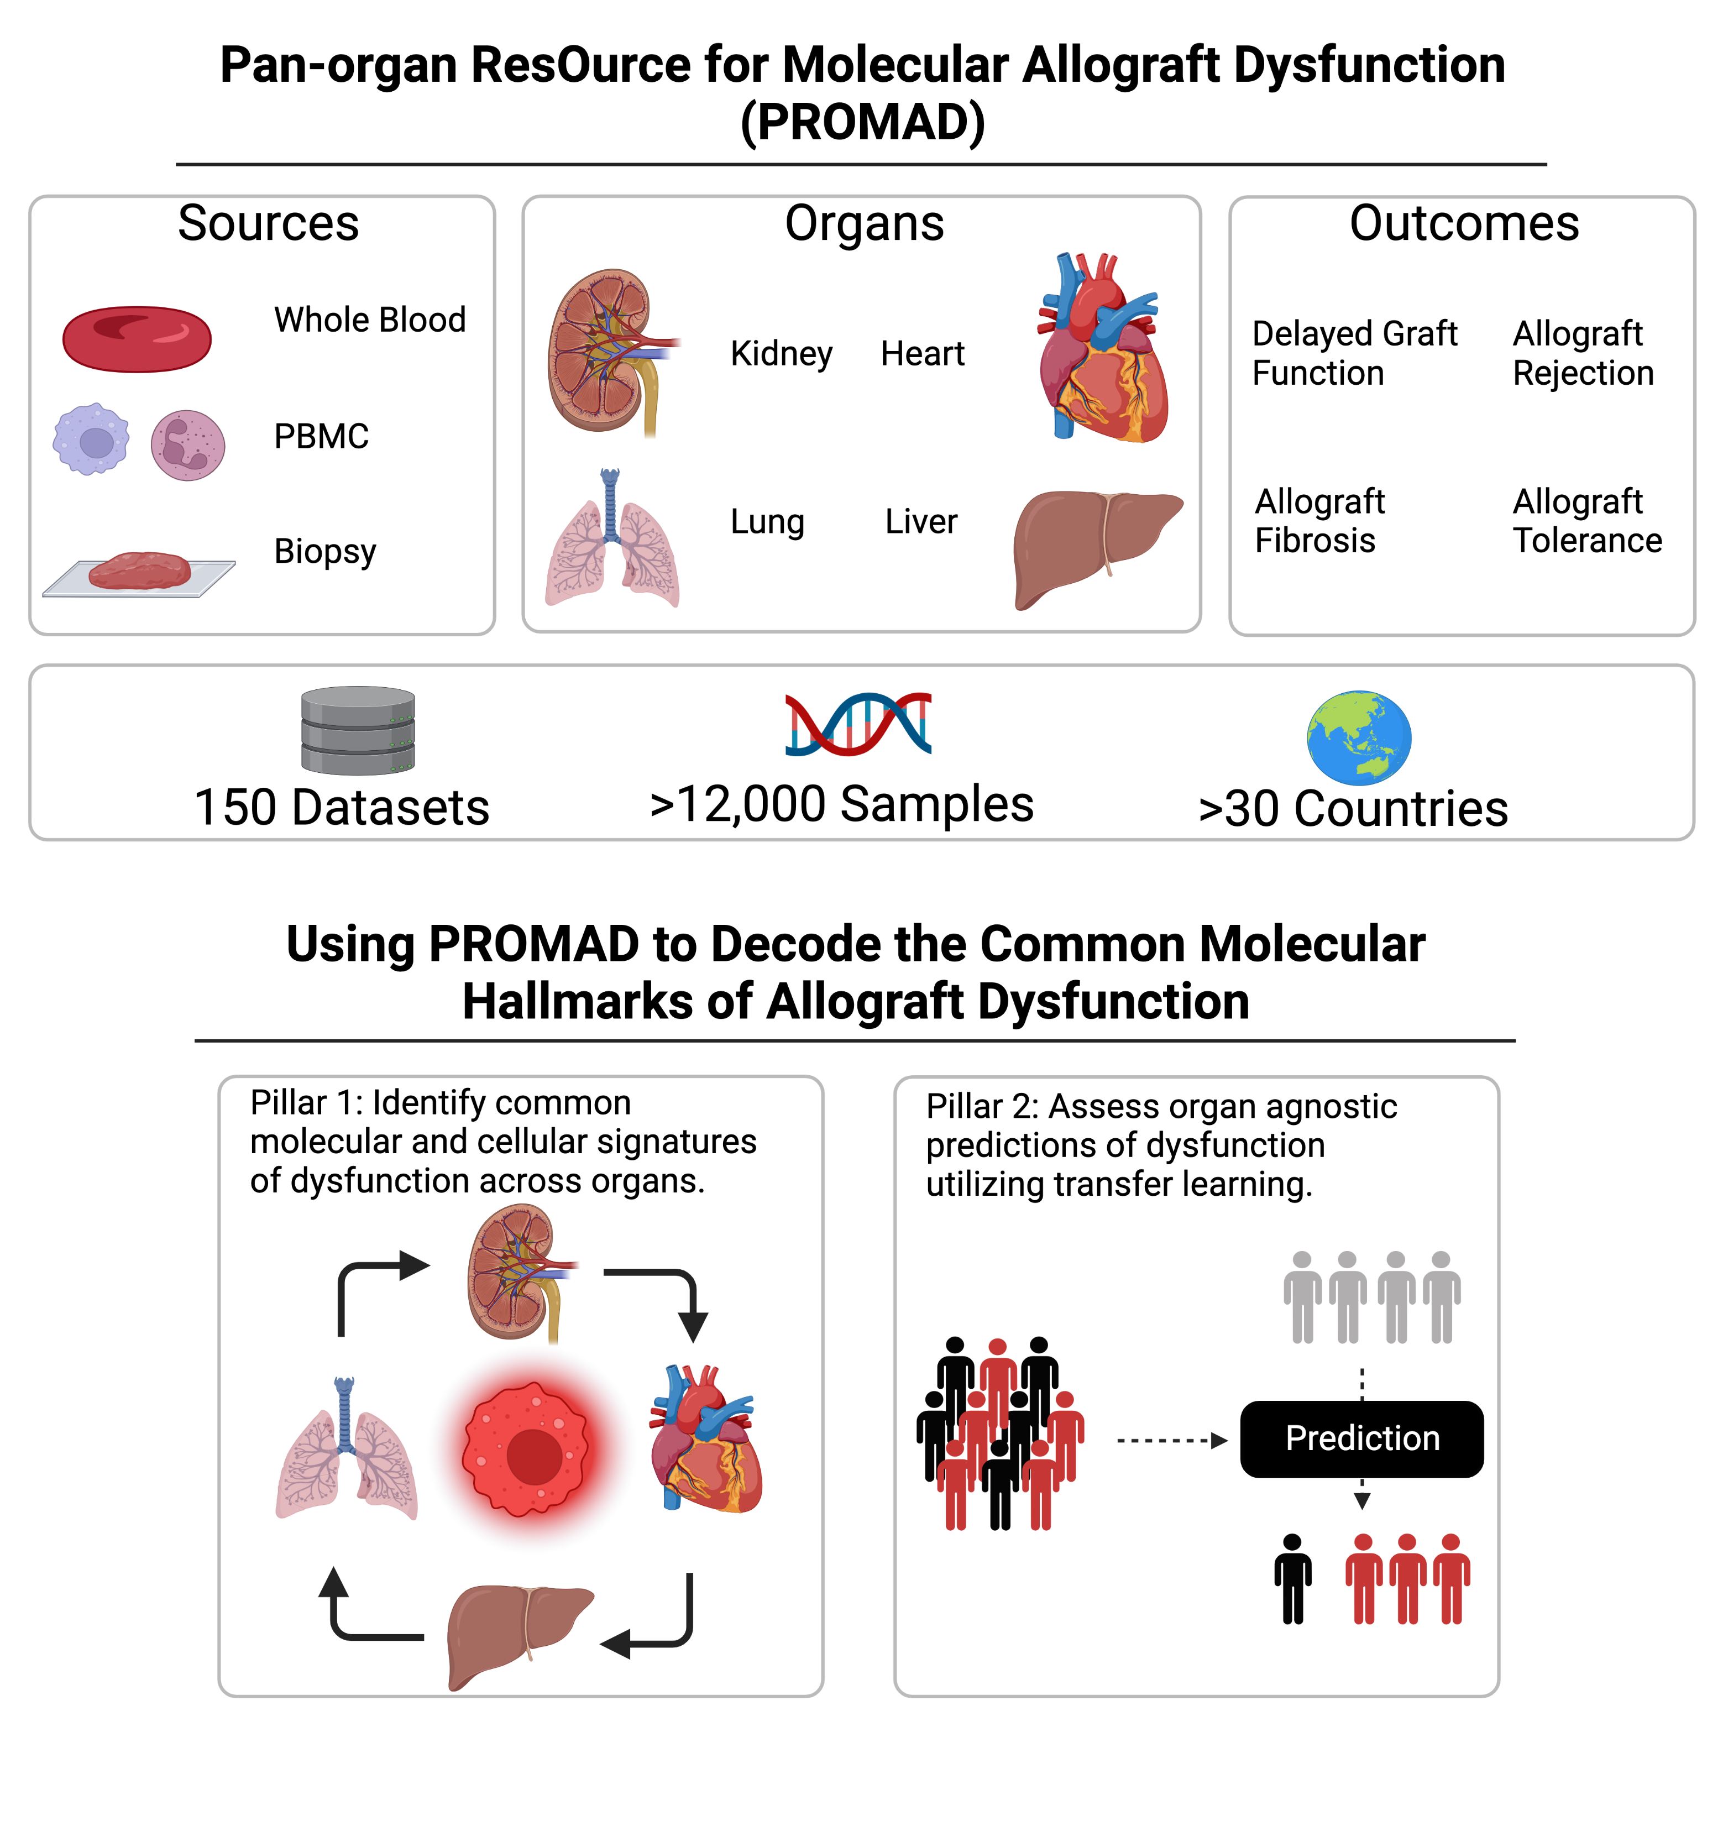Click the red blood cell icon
(137, 339)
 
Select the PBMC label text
(322, 436)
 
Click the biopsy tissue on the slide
(140, 571)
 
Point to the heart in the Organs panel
(1103, 354)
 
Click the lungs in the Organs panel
(612, 542)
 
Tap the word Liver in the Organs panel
(921, 522)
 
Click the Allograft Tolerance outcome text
(1587, 521)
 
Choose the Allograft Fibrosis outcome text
(1319, 521)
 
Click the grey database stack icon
(358, 730)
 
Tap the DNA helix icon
(859, 725)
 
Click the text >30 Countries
(1353, 809)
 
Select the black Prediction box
(1361, 1439)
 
